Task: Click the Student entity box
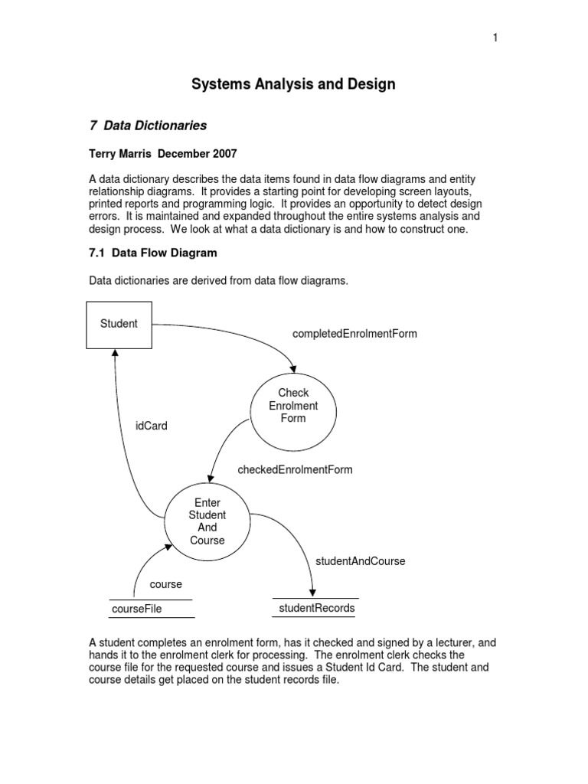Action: [x=119, y=324]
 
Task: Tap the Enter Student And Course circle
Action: [x=207, y=521]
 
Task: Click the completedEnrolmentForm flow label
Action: [x=354, y=334]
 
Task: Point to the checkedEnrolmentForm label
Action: [x=296, y=469]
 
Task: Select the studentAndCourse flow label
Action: [x=360, y=561]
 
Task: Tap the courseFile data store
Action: [x=137, y=609]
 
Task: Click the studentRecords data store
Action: [x=315, y=608]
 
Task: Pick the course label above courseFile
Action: [x=165, y=584]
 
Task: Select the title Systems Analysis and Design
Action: [x=293, y=84]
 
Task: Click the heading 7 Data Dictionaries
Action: [x=149, y=125]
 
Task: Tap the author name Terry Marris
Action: [x=122, y=154]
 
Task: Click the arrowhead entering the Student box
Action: [x=115, y=353]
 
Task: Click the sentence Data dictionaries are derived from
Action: [x=218, y=281]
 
